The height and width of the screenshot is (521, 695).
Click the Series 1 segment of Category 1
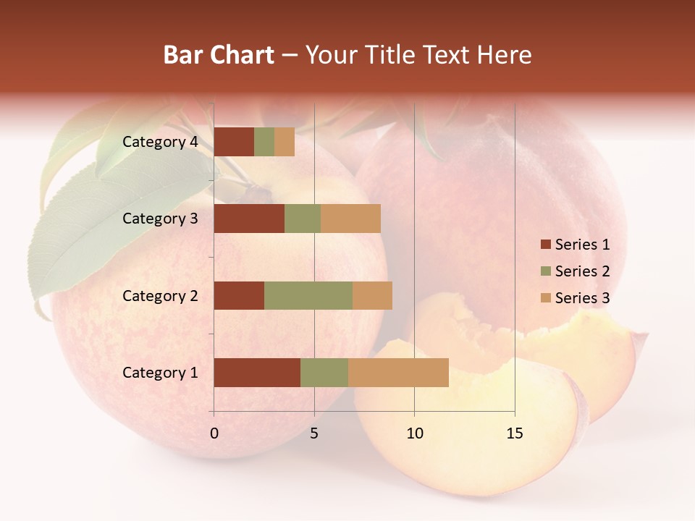257,373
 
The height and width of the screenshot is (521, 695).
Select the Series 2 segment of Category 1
324,373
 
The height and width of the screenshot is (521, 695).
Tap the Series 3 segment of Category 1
398,373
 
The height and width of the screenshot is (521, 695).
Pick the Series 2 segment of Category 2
308,296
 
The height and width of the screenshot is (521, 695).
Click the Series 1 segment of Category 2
239,296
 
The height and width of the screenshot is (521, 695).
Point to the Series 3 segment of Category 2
372,296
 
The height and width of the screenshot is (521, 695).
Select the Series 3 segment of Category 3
350,219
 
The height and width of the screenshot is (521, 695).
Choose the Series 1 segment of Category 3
249,219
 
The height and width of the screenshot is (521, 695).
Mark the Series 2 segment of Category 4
264,142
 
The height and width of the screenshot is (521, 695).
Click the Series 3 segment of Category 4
285,142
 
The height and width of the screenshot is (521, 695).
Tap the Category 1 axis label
160,373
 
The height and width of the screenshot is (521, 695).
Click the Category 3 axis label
160,219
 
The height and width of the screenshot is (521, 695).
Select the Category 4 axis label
160,142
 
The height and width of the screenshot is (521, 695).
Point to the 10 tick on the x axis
414,433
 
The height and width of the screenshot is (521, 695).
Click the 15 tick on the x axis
514,433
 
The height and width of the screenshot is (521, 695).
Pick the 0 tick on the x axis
214,433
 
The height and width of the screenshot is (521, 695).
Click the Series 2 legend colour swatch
546,271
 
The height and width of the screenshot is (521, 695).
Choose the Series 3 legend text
582,298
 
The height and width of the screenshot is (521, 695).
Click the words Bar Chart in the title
219,55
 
